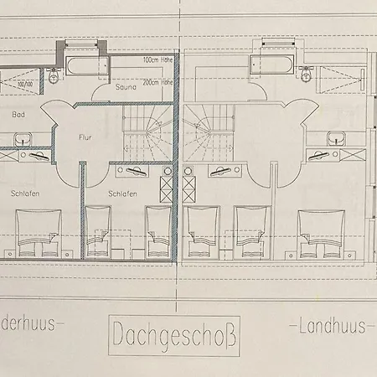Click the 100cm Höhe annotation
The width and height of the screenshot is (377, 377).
coord(158,60)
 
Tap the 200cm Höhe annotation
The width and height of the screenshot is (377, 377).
coord(158,83)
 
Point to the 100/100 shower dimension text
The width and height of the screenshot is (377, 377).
coord(23,85)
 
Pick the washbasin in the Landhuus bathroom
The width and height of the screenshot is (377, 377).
coord(337,137)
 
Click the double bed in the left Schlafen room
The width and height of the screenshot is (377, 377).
coord(38,234)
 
